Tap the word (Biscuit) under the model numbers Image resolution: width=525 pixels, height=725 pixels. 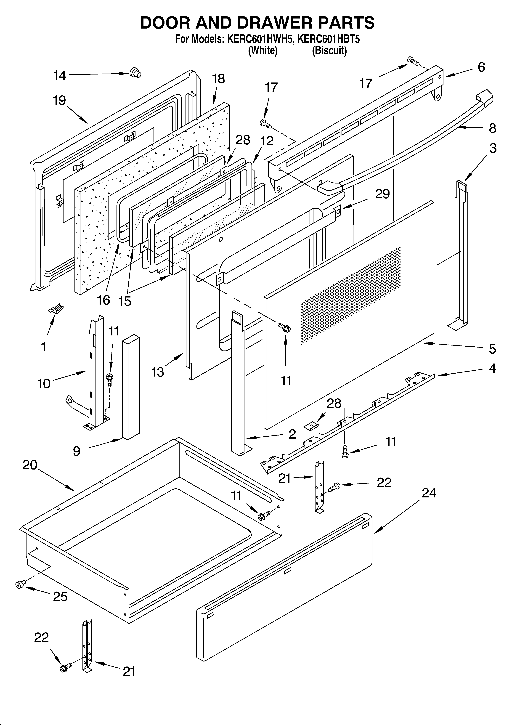tap(329, 50)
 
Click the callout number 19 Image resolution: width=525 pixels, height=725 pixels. tap(59, 101)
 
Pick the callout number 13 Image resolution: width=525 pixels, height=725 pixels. tap(158, 372)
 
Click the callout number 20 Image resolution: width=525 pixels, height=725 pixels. tap(30, 465)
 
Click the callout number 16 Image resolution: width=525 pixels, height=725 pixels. tap(104, 300)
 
